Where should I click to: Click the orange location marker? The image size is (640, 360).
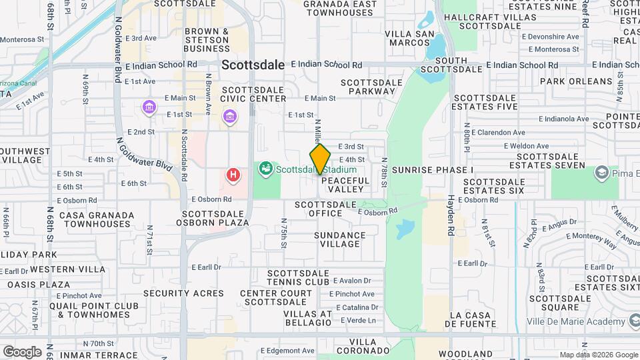click(320, 159)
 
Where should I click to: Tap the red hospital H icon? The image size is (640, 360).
click(233, 175)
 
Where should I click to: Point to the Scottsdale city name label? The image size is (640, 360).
click(253, 65)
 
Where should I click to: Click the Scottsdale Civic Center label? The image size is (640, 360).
click(253, 94)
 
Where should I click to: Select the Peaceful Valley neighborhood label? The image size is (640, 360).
click(345, 185)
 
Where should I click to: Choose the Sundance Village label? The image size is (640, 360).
click(340, 239)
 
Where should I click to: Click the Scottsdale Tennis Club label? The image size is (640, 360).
click(299, 277)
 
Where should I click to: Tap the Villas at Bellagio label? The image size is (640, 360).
click(307, 318)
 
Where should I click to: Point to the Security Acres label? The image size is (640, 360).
click(183, 293)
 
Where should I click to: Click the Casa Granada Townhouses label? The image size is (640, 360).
click(96, 220)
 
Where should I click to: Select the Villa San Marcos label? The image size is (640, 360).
click(408, 37)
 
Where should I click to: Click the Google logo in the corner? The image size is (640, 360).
click(21, 351)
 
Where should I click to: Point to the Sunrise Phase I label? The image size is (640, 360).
click(432, 170)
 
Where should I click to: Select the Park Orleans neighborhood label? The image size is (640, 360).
click(575, 81)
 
